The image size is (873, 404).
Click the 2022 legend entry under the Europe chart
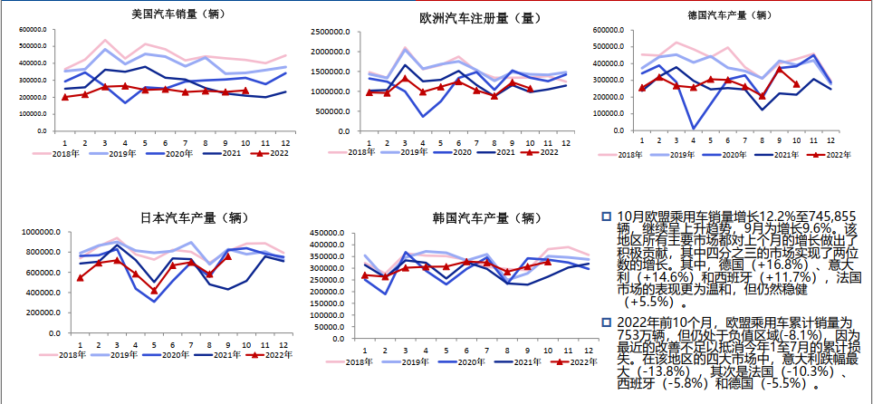coord(542,153)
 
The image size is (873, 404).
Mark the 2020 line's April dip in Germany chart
coord(693,129)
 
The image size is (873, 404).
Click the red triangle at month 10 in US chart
coord(245,90)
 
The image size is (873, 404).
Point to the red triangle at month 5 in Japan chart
coord(155,291)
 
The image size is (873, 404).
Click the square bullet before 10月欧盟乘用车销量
coord(606,216)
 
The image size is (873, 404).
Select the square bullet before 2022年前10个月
coord(606,322)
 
